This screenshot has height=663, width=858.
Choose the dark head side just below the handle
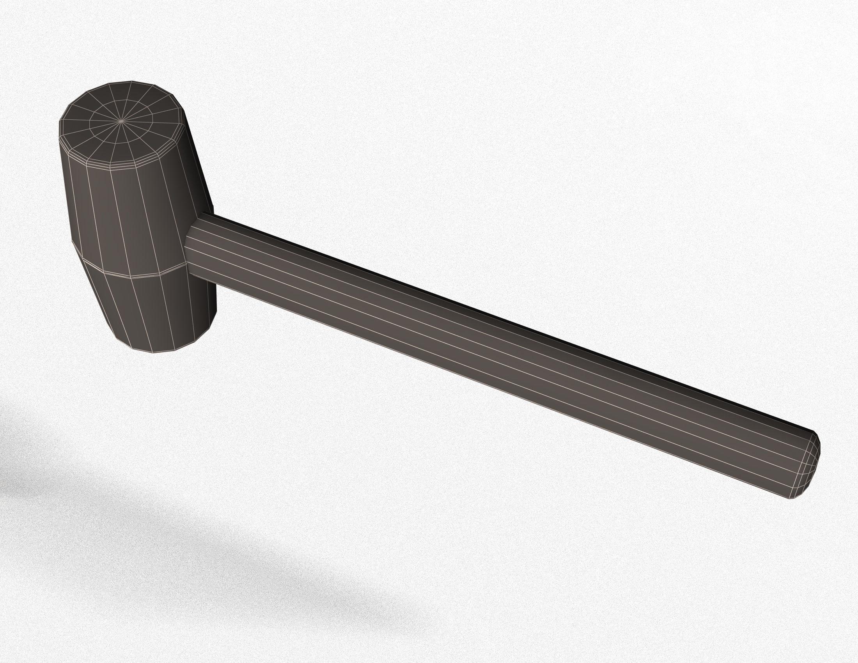208,307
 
